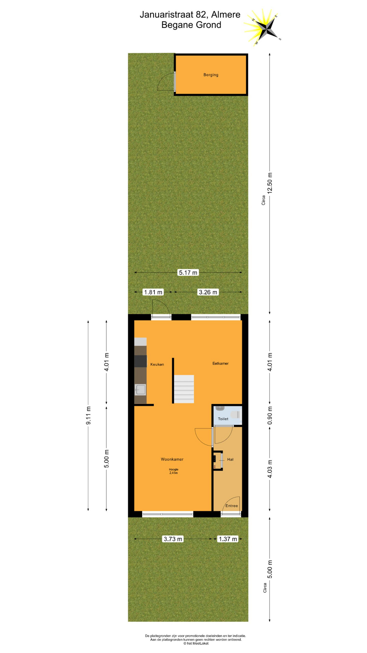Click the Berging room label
click(x=211, y=75)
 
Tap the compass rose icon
click(x=263, y=27)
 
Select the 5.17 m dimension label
click(x=188, y=272)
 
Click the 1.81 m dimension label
click(x=153, y=292)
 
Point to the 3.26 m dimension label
click(x=208, y=292)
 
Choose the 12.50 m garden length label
click(x=270, y=183)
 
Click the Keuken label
click(x=157, y=364)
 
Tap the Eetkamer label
click(x=221, y=363)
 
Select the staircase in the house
click(x=184, y=389)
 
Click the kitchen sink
click(x=140, y=389)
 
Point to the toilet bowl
click(x=235, y=415)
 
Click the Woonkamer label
click(x=172, y=459)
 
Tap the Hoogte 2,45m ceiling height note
click(x=174, y=471)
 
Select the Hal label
click(x=230, y=459)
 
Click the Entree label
click(x=232, y=506)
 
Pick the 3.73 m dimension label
click(x=173, y=539)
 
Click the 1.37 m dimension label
click(x=228, y=539)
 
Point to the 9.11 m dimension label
click(x=88, y=416)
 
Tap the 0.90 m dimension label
click(x=270, y=415)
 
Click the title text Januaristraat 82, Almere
click(x=190, y=15)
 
